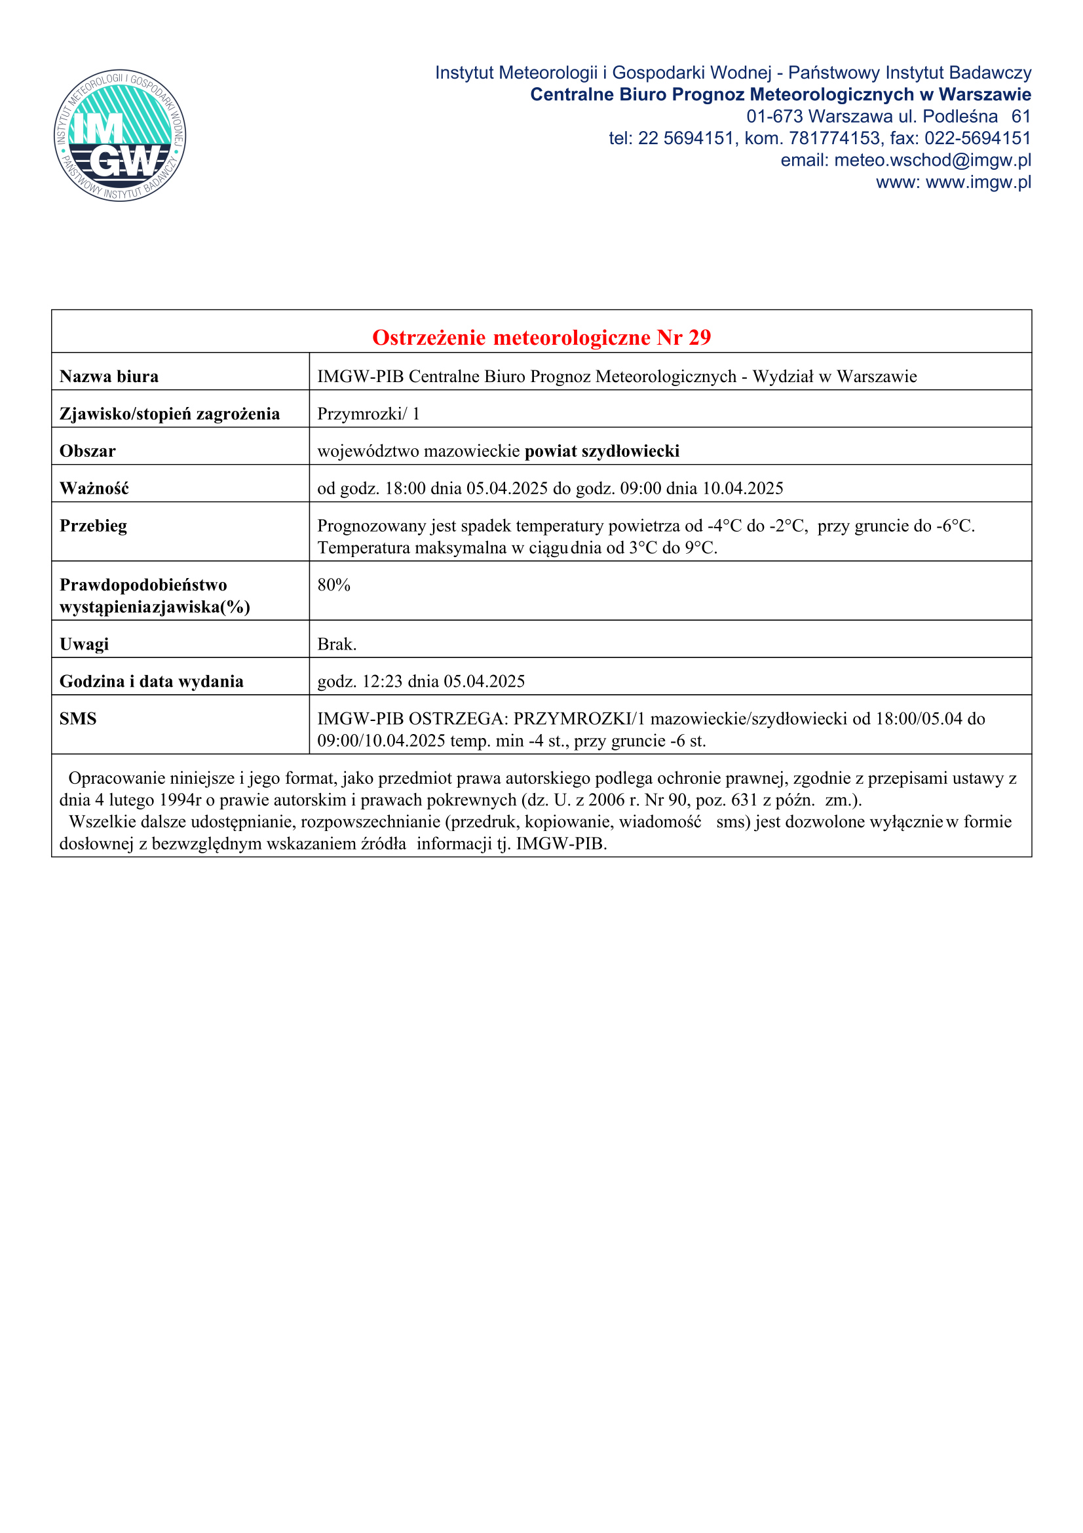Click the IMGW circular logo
[120, 136]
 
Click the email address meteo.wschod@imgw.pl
[932, 160]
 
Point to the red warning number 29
[699, 338]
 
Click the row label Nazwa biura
[109, 377]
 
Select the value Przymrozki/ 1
[368, 414]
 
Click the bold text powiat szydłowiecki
[602, 452]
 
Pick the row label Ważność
[94, 489]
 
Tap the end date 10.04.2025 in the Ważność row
[743, 489]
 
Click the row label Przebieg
[94, 526]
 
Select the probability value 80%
[333, 585]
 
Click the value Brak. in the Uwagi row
[337, 644]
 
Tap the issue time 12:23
[383, 682]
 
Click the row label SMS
[78, 719]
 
